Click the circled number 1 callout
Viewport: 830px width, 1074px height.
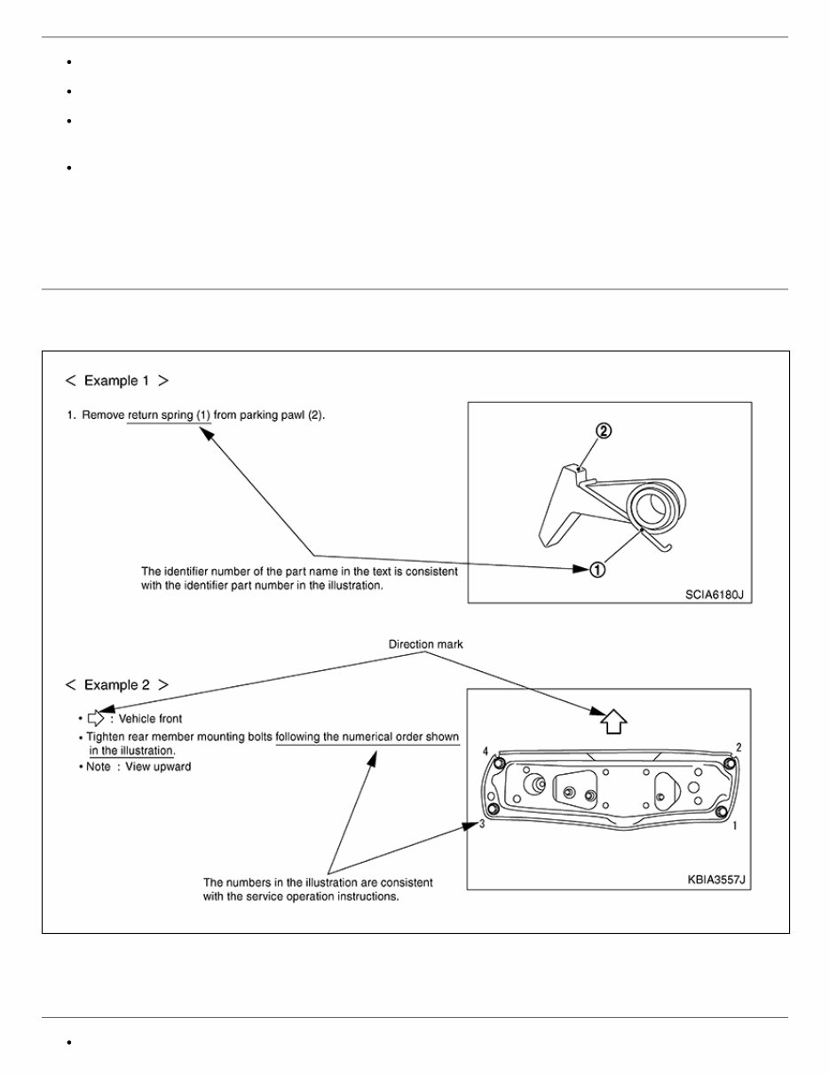[x=597, y=570]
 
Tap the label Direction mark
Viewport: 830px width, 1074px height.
[x=427, y=644]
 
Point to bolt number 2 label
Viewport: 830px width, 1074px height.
[x=739, y=747]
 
